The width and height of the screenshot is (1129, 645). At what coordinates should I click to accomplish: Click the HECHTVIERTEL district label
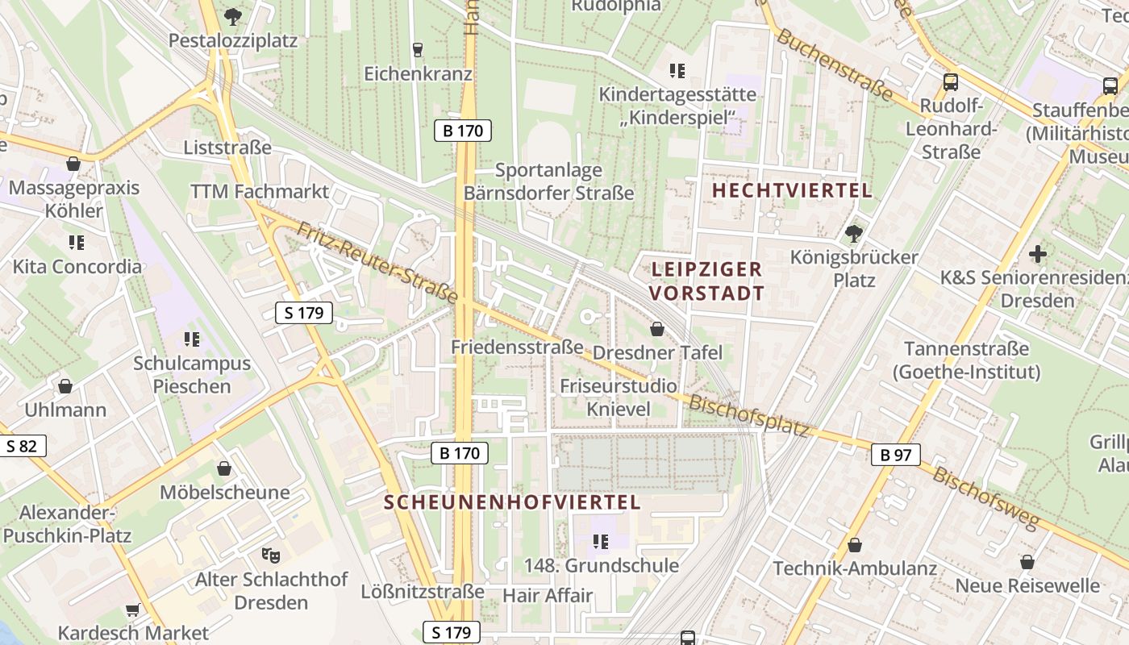[793, 191]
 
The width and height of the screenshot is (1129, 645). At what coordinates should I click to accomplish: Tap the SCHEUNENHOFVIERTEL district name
[512, 502]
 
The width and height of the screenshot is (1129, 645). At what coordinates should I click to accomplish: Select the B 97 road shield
[896, 455]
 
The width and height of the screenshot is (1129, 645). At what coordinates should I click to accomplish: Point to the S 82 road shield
[23, 446]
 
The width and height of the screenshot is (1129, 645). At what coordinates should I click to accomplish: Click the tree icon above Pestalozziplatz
[232, 15]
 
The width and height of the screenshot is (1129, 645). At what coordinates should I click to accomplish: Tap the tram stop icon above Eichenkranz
[417, 50]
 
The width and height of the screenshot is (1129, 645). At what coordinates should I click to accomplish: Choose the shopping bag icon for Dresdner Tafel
[657, 329]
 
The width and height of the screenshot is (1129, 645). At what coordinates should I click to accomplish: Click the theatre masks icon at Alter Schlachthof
[271, 555]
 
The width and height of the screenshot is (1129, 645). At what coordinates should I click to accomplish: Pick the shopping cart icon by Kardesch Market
[133, 610]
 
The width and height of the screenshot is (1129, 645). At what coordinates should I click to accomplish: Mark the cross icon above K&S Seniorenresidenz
[1038, 255]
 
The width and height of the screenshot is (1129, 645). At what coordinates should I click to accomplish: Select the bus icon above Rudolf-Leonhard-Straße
[951, 81]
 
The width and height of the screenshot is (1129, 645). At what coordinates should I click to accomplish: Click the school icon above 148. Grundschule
[600, 541]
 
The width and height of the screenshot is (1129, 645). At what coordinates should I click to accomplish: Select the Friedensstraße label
[517, 347]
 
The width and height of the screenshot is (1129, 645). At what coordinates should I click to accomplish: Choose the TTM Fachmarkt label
[260, 192]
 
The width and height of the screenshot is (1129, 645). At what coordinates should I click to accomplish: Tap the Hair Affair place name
[548, 596]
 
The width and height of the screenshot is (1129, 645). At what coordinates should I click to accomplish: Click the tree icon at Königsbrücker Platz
[854, 234]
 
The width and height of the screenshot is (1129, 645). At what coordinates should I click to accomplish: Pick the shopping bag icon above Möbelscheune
[224, 468]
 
